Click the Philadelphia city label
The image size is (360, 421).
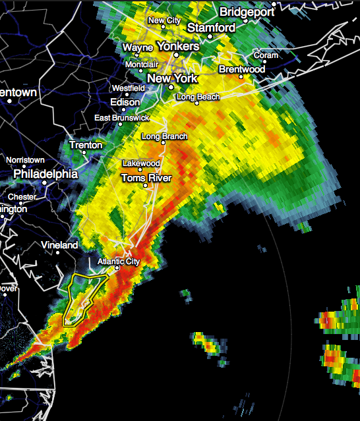tap(45, 175)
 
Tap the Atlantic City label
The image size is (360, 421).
tap(119, 262)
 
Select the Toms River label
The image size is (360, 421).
tap(146, 178)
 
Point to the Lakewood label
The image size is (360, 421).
tap(141, 163)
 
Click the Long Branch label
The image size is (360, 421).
tap(165, 136)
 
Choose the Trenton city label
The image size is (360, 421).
tap(86, 145)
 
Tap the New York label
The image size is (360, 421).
tap(172, 78)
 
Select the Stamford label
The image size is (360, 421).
tap(211, 28)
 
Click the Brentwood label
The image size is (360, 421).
tap(241, 69)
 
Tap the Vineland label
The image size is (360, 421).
tap(59, 245)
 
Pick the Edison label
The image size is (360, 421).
tap(125, 102)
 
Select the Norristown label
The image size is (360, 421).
tap(26, 160)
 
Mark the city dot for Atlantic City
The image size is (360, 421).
tap(116, 268)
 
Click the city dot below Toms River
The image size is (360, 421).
tap(146, 186)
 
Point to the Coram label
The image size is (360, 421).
tap(266, 55)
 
